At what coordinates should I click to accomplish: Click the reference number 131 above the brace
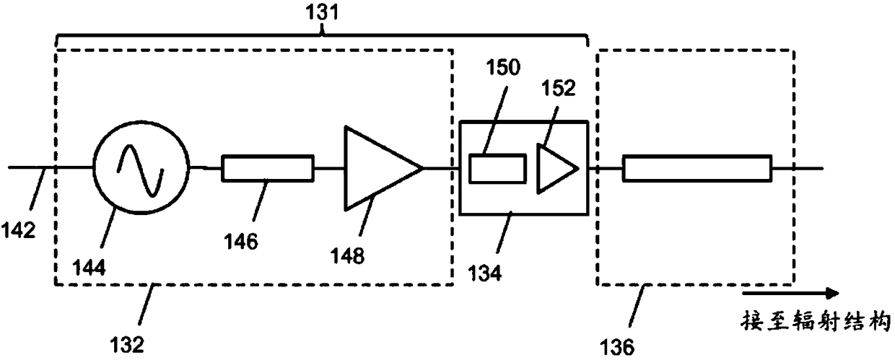(x=322, y=12)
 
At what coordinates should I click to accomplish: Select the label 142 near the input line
(x=18, y=230)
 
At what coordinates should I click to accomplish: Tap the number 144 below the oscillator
(x=89, y=267)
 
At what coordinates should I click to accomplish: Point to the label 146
(x=241, y=241)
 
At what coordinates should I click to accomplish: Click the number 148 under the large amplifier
(x=347, y=255)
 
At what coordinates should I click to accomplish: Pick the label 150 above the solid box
(x=503, y=67)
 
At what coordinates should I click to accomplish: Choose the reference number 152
(x=558, y=88)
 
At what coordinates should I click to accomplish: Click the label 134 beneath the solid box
(x=484, y=273)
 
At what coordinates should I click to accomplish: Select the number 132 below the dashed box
(x=126, y=344)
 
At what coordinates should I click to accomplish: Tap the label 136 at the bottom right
(x=617, y=347)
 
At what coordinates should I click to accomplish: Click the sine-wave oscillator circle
(x=94, y=168)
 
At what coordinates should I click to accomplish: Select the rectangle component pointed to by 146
(x=268, y=168)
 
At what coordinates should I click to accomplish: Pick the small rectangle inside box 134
(x=497, y=169)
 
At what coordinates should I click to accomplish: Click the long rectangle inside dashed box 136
(x=697, y=168)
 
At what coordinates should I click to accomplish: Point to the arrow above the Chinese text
(x=790, y=294)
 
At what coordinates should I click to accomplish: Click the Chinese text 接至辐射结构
(x=816, y=322)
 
